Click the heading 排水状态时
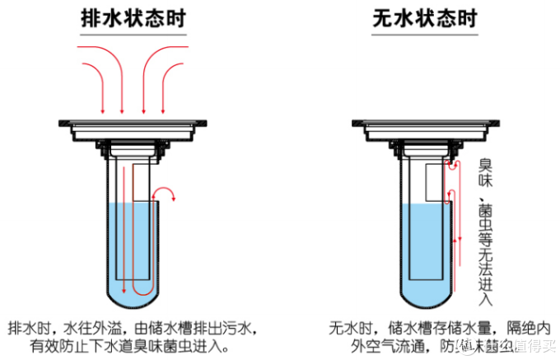click(x=133, y=18)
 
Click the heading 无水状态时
click(x=423, y=18)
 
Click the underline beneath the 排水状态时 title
click(x=133, y=35)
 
